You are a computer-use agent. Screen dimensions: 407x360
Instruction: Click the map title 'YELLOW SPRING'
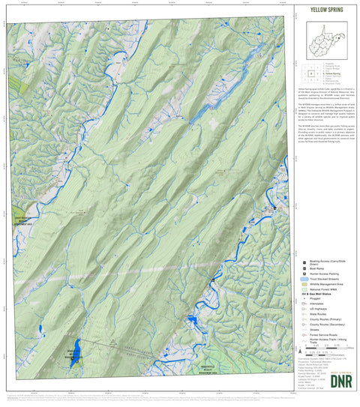point(322,10)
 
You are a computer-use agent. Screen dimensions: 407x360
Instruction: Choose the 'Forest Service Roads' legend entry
point(319,334)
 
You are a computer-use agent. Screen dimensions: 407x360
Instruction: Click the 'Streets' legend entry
point(312,328)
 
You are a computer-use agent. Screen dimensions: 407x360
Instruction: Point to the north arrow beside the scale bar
point(301,349)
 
